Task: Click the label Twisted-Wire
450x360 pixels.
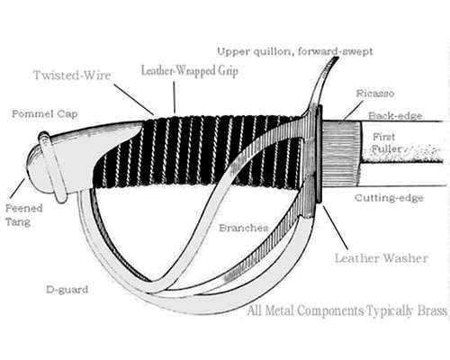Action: tap(72, 75)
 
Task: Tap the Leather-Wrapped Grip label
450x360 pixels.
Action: tap(190, 71)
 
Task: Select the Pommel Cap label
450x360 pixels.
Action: tap(45, 114)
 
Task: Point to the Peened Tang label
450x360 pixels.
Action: tap(24, 215)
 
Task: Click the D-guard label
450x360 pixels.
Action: tap(67, 290)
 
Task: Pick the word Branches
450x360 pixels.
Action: tap(244, 228)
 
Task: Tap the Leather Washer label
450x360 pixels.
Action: tap(382, 258)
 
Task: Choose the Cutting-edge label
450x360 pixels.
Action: tap(389, 198)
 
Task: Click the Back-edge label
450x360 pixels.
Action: tap(395, 116)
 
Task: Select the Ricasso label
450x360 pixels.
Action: tap(375, 94)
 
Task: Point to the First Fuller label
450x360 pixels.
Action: tap(386, 143)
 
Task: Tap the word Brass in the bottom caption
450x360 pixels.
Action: tap(432, 310)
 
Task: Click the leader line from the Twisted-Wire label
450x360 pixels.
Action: tap(134, 99)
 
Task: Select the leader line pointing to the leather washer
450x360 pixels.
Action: tap(336, 228)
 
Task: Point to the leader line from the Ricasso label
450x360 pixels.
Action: tap(354, 111)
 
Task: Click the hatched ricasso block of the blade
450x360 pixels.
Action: tap(341, 153)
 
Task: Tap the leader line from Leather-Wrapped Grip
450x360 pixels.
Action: tap(175, 97)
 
